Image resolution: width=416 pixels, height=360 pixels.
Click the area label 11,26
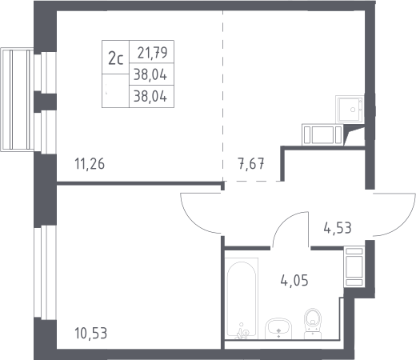point(90,164)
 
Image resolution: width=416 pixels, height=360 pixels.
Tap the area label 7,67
point(251,163)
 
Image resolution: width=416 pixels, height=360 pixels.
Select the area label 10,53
point(90,333)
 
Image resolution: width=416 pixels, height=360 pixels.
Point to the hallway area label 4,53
point(338,228)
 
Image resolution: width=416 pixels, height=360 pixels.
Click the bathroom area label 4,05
point(294,280)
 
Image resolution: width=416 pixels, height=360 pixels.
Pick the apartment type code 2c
point(115,59)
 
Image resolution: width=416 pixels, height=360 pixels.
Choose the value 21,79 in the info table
point(152,53)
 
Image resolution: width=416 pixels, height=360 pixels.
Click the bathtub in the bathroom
point(242,298)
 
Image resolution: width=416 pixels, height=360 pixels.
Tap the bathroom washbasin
point(278,329)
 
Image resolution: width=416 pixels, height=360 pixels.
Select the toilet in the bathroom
point(313,324)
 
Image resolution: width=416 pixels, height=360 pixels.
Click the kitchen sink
point(350,109)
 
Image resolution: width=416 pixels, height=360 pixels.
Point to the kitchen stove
point(322,134)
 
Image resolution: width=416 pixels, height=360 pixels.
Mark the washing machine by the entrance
point(354,266)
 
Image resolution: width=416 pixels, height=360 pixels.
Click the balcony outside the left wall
point(17,99)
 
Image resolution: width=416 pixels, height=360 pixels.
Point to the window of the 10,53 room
point(45,273)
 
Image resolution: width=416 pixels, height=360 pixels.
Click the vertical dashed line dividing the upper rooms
point(223,96)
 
